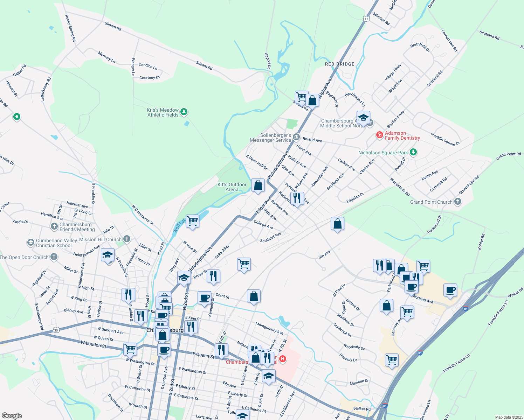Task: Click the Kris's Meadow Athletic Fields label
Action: click(163, 112)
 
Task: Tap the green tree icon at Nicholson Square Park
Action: click(413, 152)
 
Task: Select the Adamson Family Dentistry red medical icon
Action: click(379, 135)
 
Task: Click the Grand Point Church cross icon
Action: click(457, 202)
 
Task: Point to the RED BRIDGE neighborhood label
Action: click(339, 64)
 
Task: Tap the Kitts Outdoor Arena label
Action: click(232, 187)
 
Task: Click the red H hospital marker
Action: click(283, 359)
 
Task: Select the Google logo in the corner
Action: click(12, 416)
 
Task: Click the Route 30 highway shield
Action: click(56, 330)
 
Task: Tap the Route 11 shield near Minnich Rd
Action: click(366, 19)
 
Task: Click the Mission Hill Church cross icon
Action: click(127, 239)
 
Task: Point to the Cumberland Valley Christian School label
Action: click(56, 243)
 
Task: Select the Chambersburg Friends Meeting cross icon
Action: click(54, 226)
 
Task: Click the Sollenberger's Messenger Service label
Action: click(270, 138)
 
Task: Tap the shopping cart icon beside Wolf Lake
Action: click(192, 221)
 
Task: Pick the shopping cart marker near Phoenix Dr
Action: click(392, 359)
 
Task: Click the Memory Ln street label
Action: click(106, 57)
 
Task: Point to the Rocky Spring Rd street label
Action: click(70, 28)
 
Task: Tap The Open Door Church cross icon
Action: click(54, 257)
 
